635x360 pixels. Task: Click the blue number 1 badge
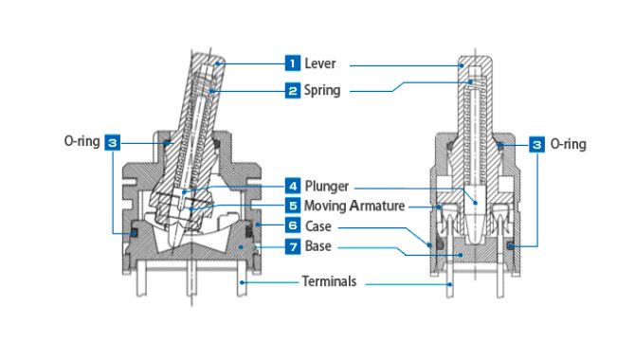coord(293,63)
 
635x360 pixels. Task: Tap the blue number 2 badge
coord(293,90)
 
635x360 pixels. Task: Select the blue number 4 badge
coord(293,186)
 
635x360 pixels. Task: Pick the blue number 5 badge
coord(293,206)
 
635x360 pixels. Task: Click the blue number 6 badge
coord(293,225)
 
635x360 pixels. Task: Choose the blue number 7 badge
coord(293,246)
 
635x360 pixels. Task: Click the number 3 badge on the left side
coord(112,142)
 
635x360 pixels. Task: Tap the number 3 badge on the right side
coord(536,145)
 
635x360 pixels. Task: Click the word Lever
coord(320,63)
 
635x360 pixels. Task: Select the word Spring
coord(322,91)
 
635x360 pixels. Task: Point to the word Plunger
coord(326,187)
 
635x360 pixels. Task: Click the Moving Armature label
coord(354,206)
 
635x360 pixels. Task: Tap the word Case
coord(317,226)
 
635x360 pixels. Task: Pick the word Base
coord(317,246)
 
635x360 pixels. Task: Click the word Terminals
coord(329,281)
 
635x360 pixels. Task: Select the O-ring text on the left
coord(82,142)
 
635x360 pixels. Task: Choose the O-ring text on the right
coord(568,144)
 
